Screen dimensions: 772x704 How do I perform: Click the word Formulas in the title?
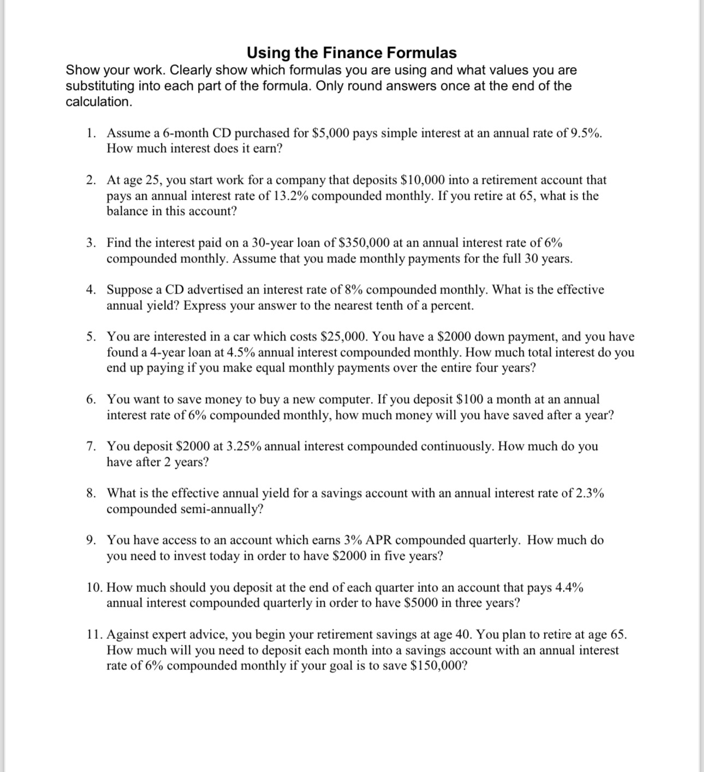pyautogui.click(x=422, y=53)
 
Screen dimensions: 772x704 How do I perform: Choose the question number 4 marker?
pyautogui.click(x=91, y=290)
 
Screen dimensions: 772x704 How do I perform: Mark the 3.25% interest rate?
pyautogui.click(x=243, y=446)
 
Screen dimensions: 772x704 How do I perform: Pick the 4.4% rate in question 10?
pyautogui.click(x=569, y=588)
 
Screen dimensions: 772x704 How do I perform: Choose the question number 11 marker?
pyautogui.click(x=95, y=635)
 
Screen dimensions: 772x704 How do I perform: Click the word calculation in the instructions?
pyautogui.click(x=98, y=102)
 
